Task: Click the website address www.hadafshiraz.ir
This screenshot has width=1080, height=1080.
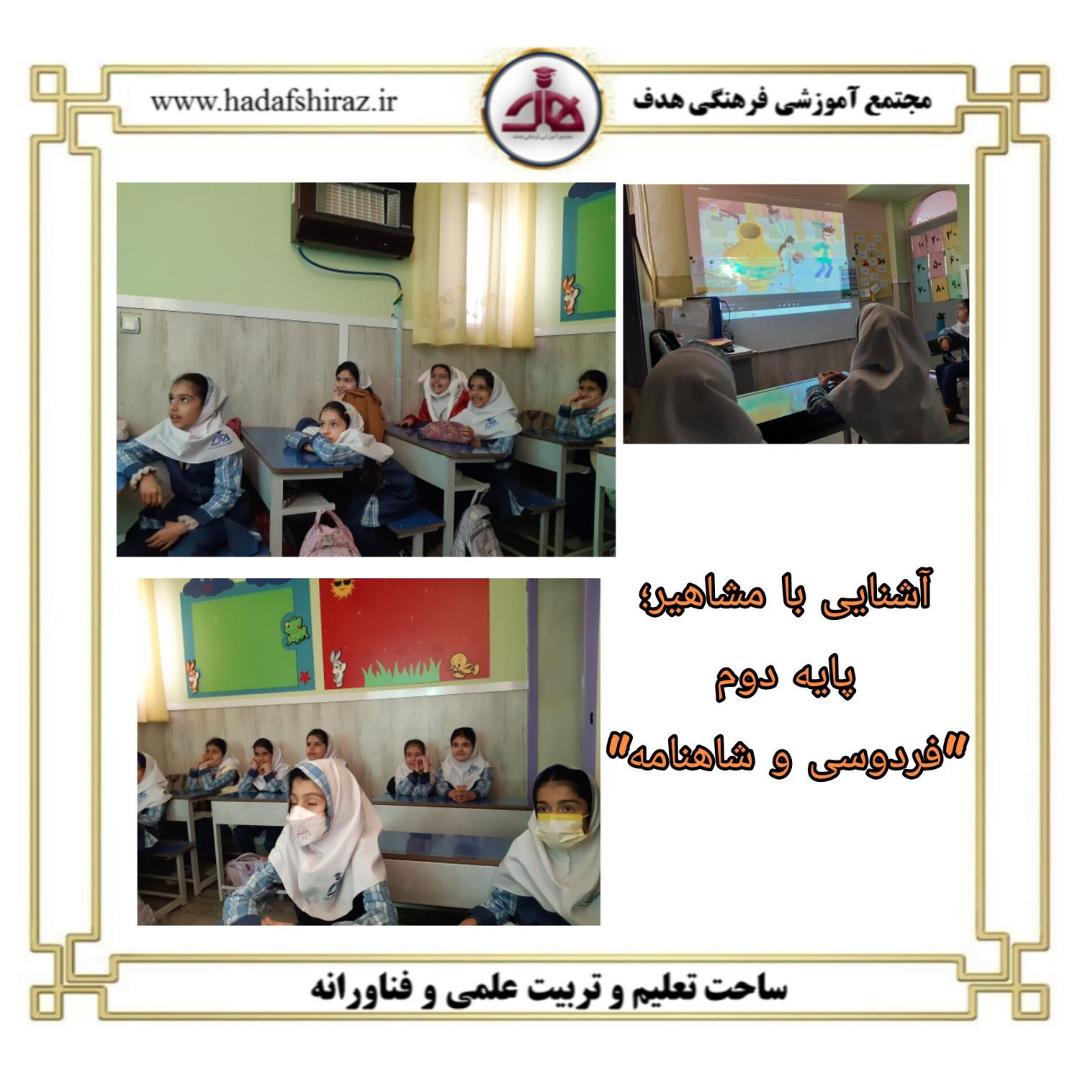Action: [x=274, y=101]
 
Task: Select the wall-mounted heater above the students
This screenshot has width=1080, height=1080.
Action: [x=353, y=220]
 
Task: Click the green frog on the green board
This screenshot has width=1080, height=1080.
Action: [x=296, y=629]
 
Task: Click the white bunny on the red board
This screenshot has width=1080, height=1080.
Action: [x=337, y=667]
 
